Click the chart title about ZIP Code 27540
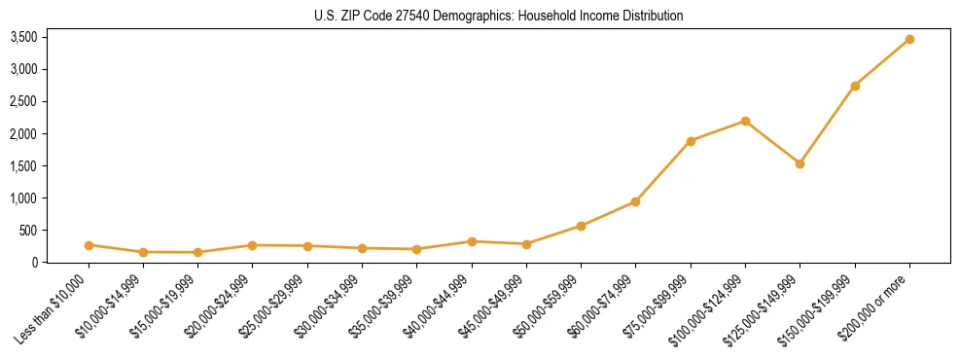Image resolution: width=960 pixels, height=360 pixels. click(499, 16)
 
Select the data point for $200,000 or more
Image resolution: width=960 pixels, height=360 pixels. click(909, 39)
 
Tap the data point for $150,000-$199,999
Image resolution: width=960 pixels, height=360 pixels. click(855, 86)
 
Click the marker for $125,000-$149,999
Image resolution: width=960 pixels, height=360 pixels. click(800, 163)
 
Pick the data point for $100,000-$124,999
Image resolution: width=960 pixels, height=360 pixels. click(745, 121)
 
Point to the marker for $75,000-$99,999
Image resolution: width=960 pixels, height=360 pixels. click(691, 141)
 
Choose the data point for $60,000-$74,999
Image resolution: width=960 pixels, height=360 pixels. click(635, 201)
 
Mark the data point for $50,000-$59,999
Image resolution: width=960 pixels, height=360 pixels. click(581, 226)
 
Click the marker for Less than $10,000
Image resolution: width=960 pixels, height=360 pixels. click(89, 245)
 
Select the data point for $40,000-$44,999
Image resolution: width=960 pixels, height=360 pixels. click(472, 241)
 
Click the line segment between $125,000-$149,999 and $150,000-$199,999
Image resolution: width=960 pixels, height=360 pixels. click(827, 125)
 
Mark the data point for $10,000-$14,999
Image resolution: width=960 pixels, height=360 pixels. click(143, 252)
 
